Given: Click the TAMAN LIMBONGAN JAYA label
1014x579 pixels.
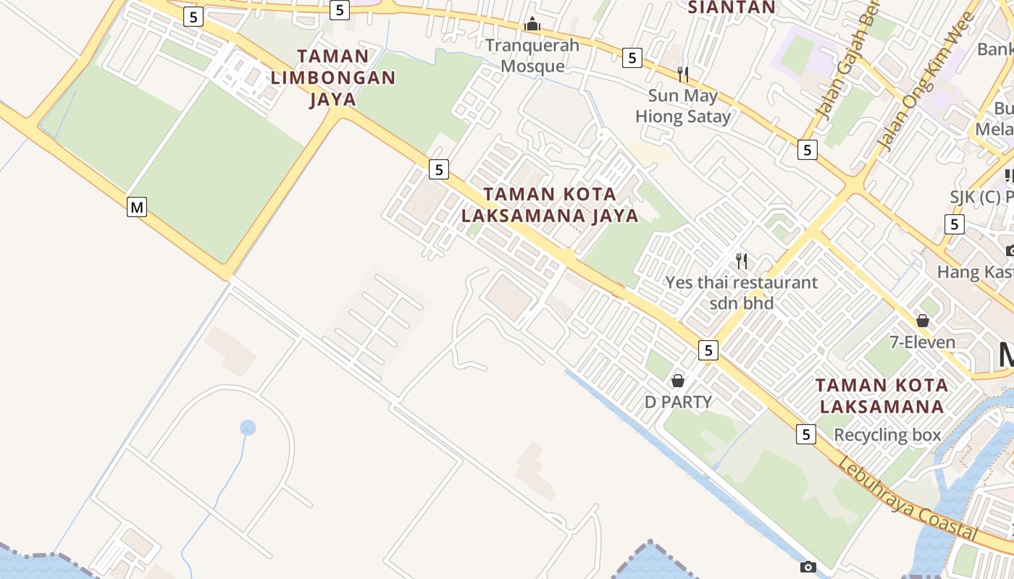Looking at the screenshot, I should coord(333,77).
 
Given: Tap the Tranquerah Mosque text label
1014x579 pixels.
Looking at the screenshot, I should coord(532,56).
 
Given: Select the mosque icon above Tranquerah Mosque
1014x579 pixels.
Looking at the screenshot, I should coord(532,25).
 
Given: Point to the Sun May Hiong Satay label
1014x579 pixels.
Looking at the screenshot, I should coord(683,106).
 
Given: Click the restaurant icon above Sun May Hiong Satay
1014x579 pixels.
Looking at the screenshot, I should coord(682,74).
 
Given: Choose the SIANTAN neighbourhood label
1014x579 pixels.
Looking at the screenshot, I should coord(731,8).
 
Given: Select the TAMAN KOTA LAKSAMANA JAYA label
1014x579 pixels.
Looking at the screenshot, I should coord(550,205).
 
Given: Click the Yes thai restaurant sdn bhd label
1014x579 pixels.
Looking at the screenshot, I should coord(741,292).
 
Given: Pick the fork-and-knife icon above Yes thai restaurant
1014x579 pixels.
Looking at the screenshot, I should coord(741,261).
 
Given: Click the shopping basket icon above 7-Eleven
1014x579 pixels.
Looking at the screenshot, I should coord(922,320).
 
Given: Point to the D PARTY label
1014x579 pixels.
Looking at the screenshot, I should coord(678,402).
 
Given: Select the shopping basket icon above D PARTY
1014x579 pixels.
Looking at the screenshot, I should coord(678,380).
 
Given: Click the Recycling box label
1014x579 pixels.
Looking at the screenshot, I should coord(887,435).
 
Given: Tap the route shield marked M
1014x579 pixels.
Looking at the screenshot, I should coord(136,208).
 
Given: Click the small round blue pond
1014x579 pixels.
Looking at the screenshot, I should coord(248,428).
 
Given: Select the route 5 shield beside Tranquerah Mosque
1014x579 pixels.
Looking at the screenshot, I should coord(632,58).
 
